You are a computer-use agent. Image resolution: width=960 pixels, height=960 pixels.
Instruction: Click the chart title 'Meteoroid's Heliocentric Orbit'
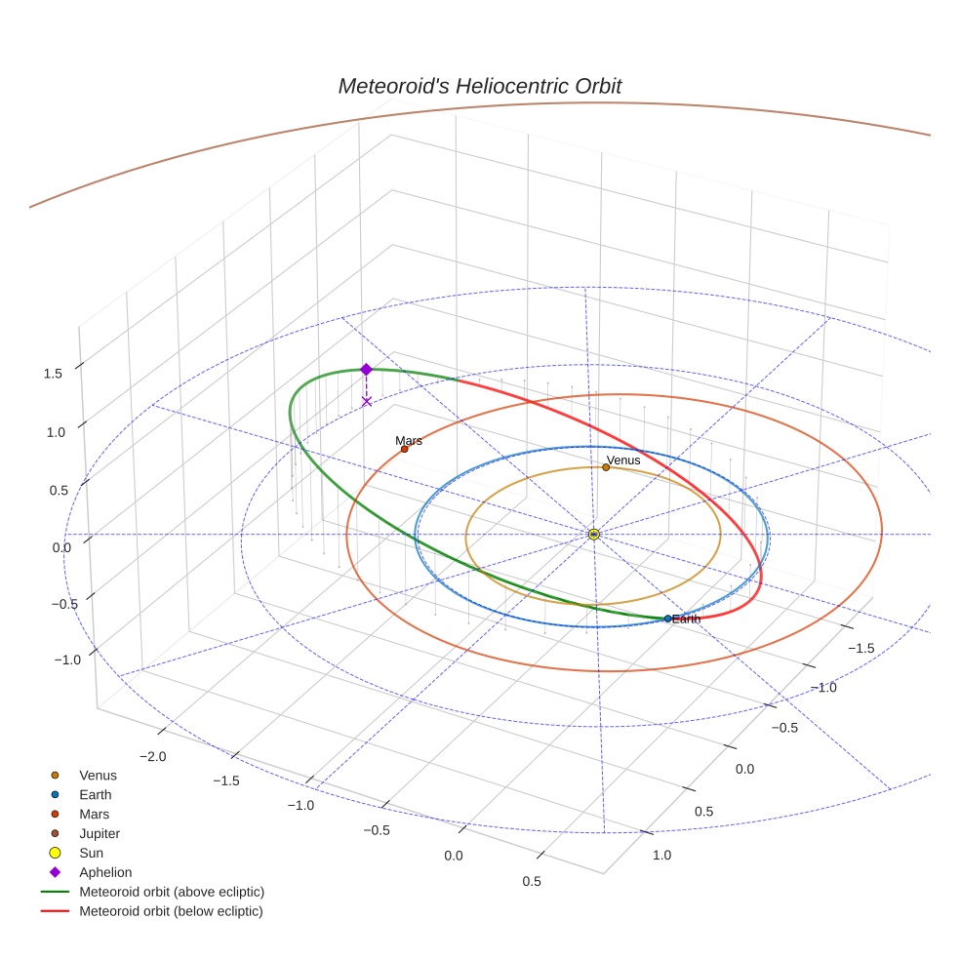(x=479, y=86)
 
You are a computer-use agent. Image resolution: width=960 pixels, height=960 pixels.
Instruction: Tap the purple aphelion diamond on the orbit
(x=366, y=369)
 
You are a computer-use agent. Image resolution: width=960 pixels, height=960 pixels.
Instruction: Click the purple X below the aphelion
(x=366, y=401)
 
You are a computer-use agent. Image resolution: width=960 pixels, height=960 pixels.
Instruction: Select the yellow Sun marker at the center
(x=593, y=534)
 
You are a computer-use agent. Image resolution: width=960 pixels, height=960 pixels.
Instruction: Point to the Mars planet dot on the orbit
(x=404, y=449)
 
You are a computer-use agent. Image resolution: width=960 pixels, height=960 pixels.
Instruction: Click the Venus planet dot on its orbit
(x=606, y=467)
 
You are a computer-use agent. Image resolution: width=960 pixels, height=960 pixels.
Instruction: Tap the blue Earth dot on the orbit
(x=667, y=619)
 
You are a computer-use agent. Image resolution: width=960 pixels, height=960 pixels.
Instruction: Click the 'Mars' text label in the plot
(x=409, y=441)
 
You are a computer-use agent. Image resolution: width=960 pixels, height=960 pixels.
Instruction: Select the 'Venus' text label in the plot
(x=623, y=460)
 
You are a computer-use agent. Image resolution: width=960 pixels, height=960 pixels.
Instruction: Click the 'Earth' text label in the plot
(x=687, y=620)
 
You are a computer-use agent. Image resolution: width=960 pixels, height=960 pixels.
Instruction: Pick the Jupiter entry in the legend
(x=100, y=833)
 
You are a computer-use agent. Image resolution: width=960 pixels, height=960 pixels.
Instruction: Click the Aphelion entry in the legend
(x=104, y=872)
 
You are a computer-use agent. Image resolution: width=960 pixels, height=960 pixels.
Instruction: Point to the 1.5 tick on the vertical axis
(x=54, y=373)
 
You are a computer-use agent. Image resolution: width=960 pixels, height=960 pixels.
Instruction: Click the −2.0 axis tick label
(x=153, y=756)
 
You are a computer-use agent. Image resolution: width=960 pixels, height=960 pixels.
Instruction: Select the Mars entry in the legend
(x=94, y=814)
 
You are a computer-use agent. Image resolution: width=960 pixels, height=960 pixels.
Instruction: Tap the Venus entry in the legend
(x=98, y=775)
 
